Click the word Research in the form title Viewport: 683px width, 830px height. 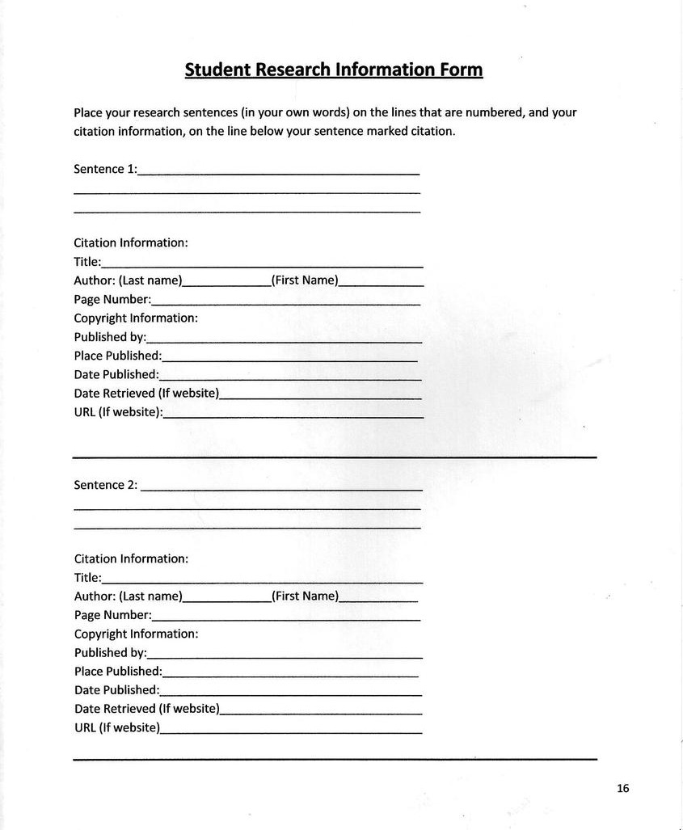pyautogui.click(x=293, y=70)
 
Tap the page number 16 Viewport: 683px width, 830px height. pyautogui.click(x=622, y=789)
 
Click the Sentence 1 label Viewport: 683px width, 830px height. pyautogui.click(x=105, y=170)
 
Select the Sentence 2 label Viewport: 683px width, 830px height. pyautogui.click(x=105, y=485)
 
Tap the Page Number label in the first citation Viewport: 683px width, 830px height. pyautogui.click(x=112, y=300)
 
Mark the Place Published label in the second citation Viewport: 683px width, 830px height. pyautogui.click(x=118, y=672)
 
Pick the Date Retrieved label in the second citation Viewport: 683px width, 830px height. pyautogui.click(x=146, y=709)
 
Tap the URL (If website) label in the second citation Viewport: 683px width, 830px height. pyautogui.click(x=117, y=727)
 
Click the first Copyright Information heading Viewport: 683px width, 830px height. pyautogui.click(x=136, y=318)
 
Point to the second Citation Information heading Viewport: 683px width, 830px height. pyautogui.click(x=131, y=558)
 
